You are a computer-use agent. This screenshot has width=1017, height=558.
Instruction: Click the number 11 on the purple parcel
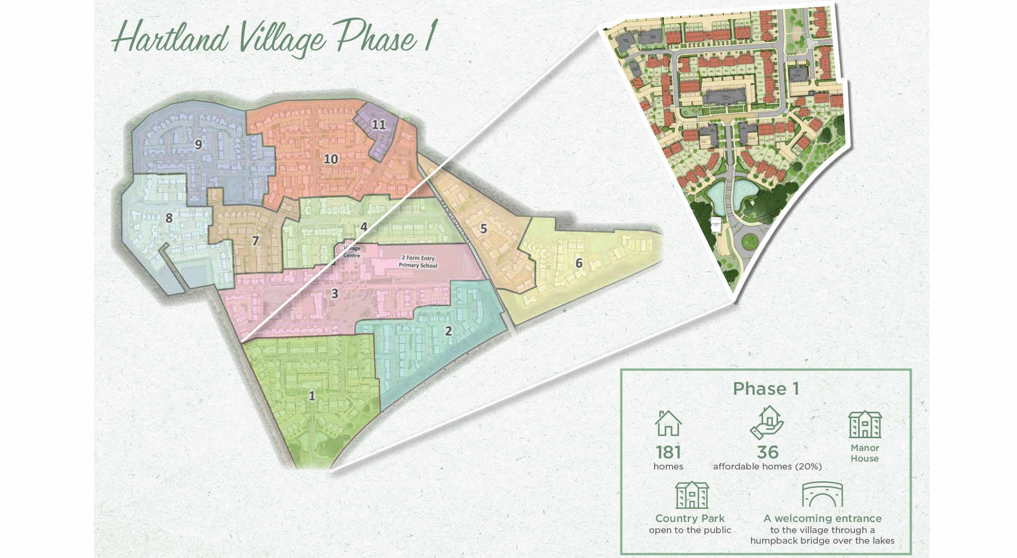pyautogui.click(x=378, y=125)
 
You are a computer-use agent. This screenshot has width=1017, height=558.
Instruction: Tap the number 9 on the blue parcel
pyautogui.click(x=199, y=144)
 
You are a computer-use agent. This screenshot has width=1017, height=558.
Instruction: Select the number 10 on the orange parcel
pyautogui.click(x=331, y=158)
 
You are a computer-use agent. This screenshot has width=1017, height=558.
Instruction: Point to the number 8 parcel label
pyautogui.click(x=169, y=218)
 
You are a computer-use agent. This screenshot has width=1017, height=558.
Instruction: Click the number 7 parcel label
pyautogui.click(x=255, y=241)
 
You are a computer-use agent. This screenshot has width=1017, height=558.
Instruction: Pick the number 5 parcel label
pyautogui.click(x=483, y=229)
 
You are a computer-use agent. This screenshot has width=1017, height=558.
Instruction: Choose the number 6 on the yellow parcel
pyautogui.click(x=579, y=263)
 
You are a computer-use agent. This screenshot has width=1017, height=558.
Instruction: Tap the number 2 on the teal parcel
pyautogui.click(x=448, y=331)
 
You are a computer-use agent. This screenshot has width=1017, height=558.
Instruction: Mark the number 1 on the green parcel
pyautogui.click(x=312, y=396)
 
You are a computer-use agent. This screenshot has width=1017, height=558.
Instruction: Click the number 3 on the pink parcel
pyautogui.click(x=334, y=293)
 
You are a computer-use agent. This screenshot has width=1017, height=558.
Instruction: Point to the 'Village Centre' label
pyautogui.click(x=351, y=252)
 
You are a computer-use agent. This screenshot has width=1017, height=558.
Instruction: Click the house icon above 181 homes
pyautogui.click(x=668, y=423)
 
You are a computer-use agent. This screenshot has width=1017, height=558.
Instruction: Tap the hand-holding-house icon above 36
pyautogui.click(x=767, y=422)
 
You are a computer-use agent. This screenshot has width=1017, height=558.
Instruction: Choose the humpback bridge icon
pyautogui.click(x=822, y=495)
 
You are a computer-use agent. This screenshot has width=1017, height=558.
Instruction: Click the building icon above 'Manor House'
pyautogui.click(x=865, y=424)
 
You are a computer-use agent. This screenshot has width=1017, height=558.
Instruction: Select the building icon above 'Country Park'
pyautogui.click(x=692, y=495)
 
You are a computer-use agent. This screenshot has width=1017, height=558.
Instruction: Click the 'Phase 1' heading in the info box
pyautogui.click(x=766, y=389)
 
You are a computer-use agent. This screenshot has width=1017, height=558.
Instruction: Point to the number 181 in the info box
pyautogui.click(x=668, y=452)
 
